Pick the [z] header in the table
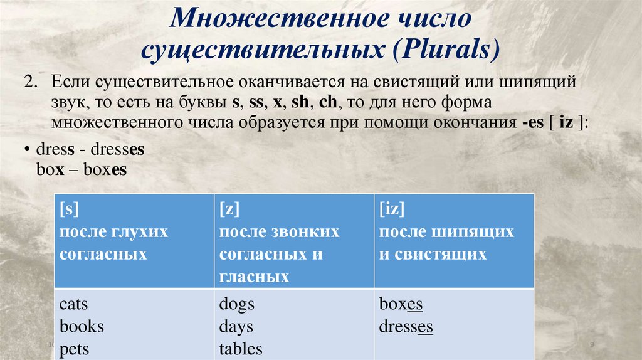click(229, 209)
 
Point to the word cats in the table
click(74, 304)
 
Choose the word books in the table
click(82, 326)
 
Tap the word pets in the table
click(74, 349)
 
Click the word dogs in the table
click(236, 304)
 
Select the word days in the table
click(236, 326)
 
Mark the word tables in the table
click(241, 349)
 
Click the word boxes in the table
click(401, 304)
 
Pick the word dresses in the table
click(406, 326)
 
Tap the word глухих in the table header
click(140, 231)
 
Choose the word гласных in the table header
click(255, 277)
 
